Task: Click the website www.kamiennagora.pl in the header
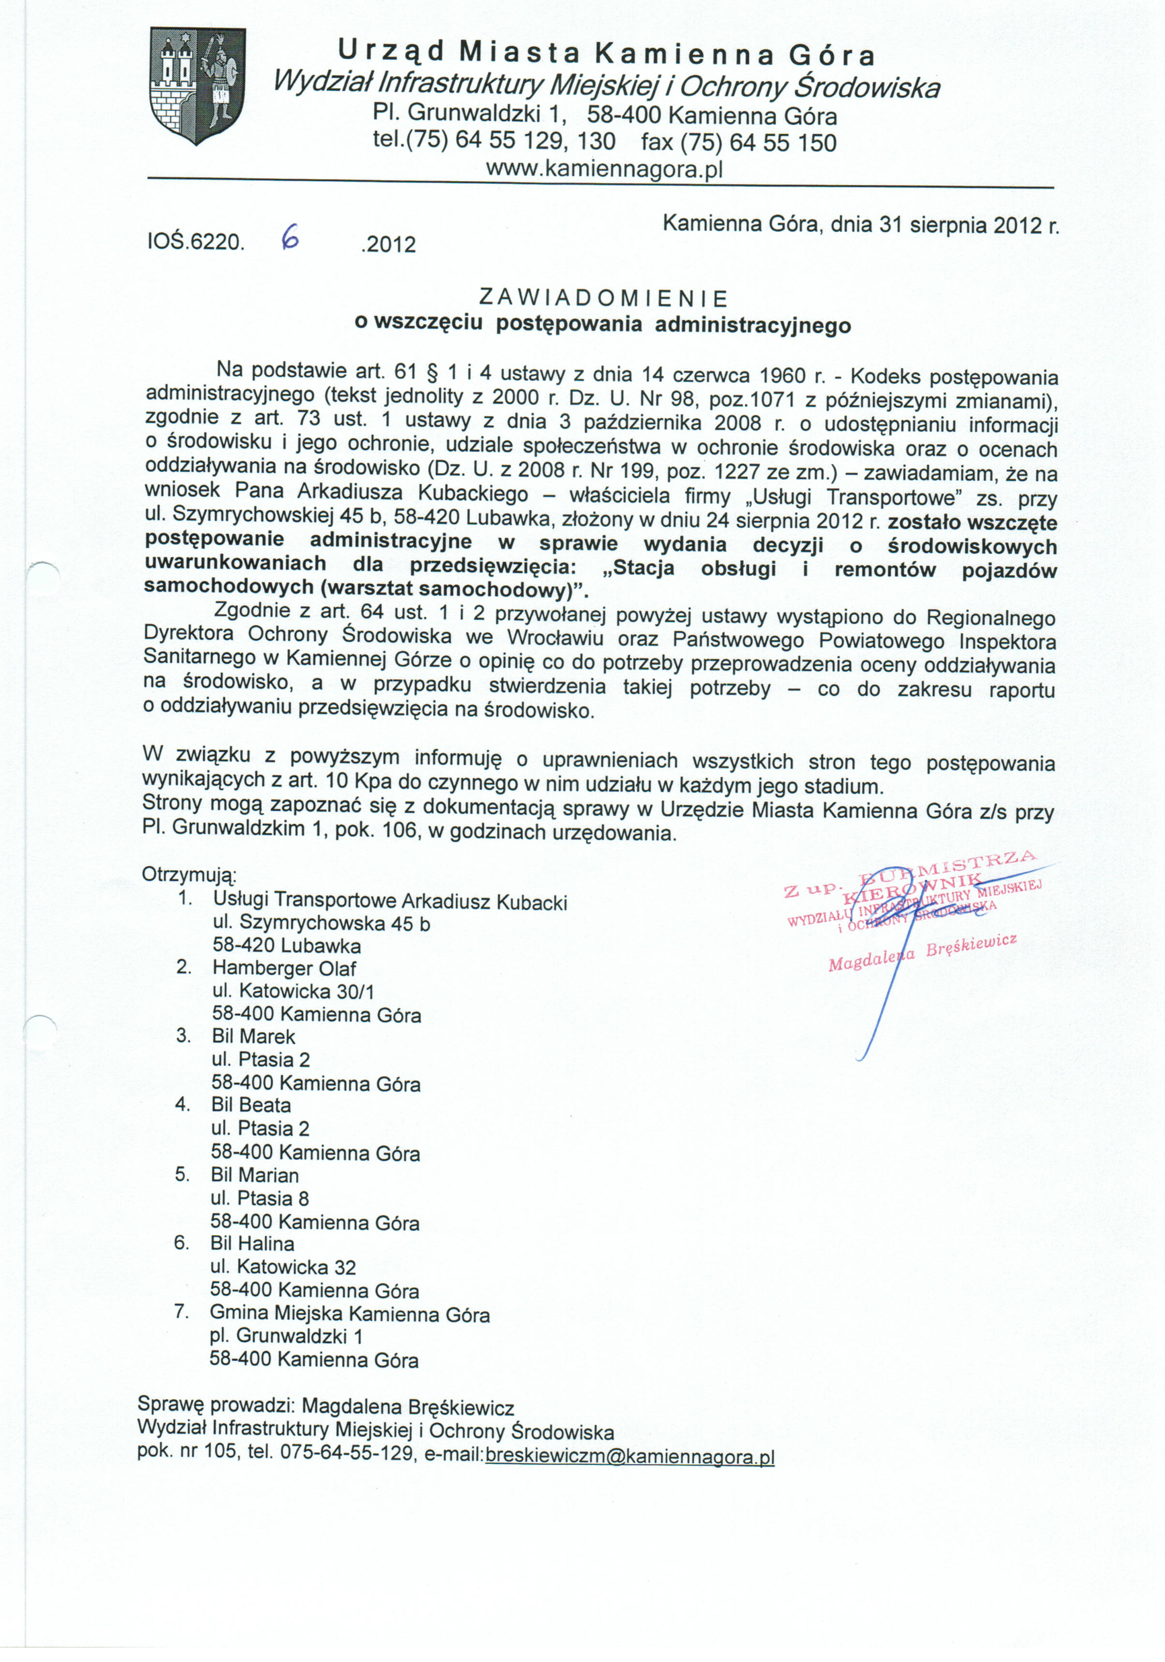pyautogui.click(x=604, y=169)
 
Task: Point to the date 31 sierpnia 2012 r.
pyautogui.click(x=969, y=225)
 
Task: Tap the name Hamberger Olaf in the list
pyautogui.click(x=284, y=969)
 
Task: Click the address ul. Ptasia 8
pyautogui.click(x=260, y=1198)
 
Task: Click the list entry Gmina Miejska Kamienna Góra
pyautogui.click(x=350, y=1313)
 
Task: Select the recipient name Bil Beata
pyautogui.click(x=251, y=1105)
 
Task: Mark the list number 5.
pyautogui.click(x=182, y=1174)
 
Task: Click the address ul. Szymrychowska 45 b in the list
pyautogui.click(x=322, y=923)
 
